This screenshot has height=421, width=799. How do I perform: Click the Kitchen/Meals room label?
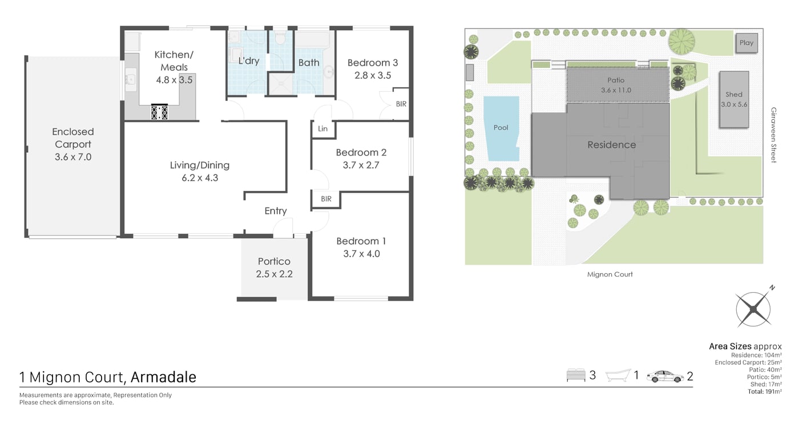pos(174,61)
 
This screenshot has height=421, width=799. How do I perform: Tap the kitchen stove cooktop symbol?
pos(159,112)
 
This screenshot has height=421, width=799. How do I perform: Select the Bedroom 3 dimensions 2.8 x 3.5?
pos(373,75)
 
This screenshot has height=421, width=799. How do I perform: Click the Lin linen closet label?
pos(322,129)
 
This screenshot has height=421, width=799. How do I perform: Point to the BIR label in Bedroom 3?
pos(401,104)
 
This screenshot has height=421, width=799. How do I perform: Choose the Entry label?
pos(276,211)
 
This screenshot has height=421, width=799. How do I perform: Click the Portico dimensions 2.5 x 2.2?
pos(275,274)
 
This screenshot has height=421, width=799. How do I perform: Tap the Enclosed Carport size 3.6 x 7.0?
pos(73,157)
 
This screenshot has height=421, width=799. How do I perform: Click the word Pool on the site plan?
pos(501,128)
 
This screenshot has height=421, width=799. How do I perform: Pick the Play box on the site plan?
pos(746,43)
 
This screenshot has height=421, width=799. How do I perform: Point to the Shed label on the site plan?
pos(734,95)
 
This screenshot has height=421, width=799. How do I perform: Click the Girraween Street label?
pos(773,135)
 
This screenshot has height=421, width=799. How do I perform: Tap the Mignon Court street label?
pos(610,274)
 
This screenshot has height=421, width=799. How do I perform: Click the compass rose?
pos(754,308)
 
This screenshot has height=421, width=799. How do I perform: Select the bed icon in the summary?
pos(576,375)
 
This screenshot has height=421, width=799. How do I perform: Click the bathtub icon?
pos(618,376)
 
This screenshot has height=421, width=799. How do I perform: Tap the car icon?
pos(665,377)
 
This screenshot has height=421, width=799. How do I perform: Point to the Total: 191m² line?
pos(764,392)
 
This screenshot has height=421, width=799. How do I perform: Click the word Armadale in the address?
pos(163,377)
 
